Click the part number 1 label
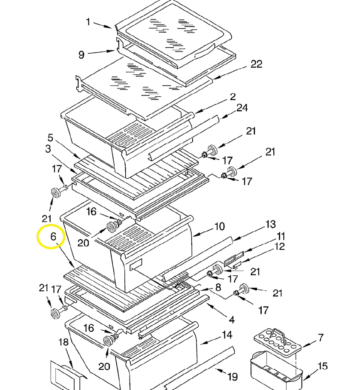(x=88, y=21)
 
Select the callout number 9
(x=82, y=55)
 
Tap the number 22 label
(x=256, y=64)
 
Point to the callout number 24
(x=242, y=107)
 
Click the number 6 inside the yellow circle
(x=53, y=236)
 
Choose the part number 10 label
(x=219, y=226)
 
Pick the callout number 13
(x=270, y=224)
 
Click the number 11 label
(x=281, y=236)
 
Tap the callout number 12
(x=280, y=247)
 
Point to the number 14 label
(x=227, y=335)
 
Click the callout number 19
(x=232, y=377)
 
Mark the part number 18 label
(x=64, y=342)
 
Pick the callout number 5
(x=50, y=138)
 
